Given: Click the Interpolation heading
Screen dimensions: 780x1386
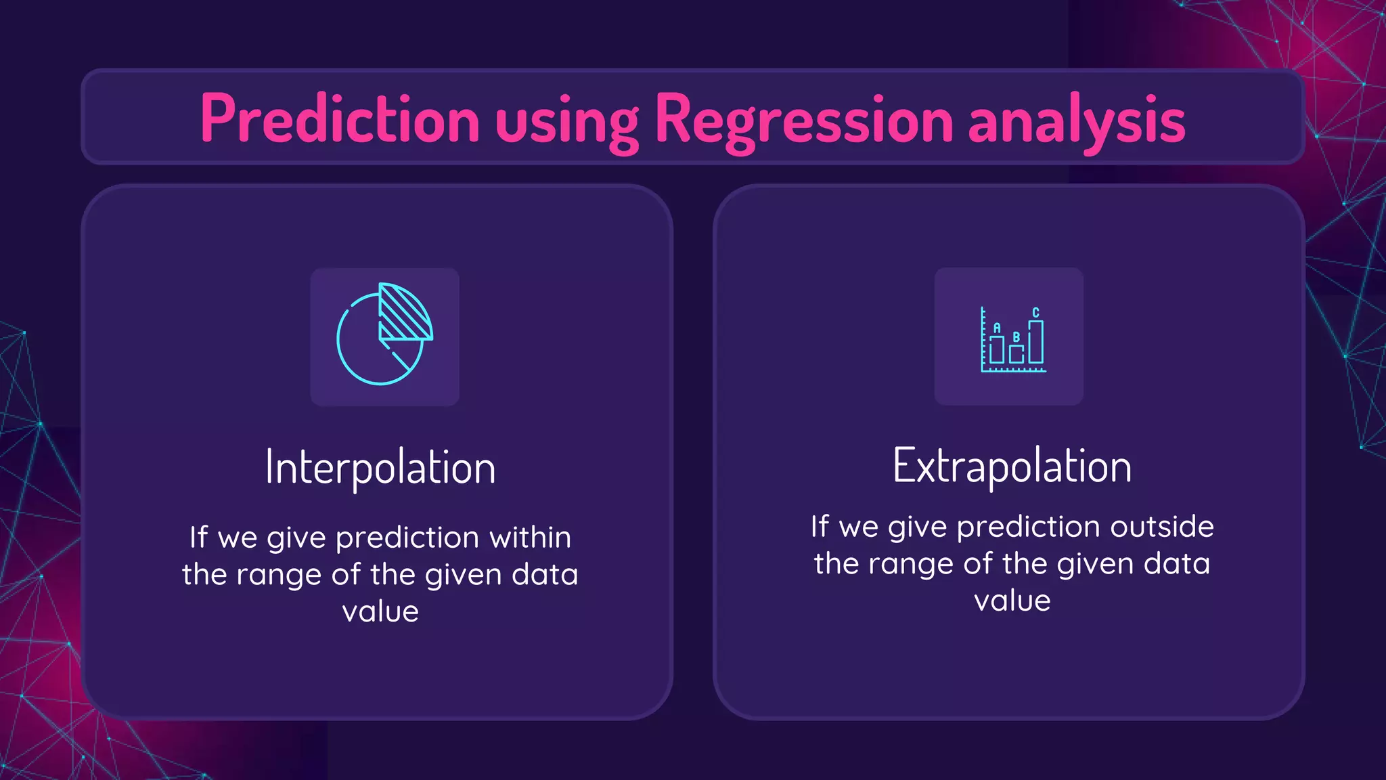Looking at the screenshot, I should click(380, 467).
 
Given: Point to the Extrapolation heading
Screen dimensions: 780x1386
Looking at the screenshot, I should click(1012, 466).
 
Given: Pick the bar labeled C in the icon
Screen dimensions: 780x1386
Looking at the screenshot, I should click(1035, 342).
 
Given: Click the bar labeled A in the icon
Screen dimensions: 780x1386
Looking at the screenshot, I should click(996, 349).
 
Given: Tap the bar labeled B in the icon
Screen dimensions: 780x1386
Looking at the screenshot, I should click(1016, 353).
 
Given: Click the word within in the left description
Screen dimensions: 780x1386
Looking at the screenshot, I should click(530, 537).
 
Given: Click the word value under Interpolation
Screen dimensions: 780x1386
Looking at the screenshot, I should click(380, 611).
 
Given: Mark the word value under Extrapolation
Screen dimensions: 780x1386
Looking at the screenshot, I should click(1012, 601).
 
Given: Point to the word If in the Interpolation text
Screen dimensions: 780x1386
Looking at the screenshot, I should click(198, 537).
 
